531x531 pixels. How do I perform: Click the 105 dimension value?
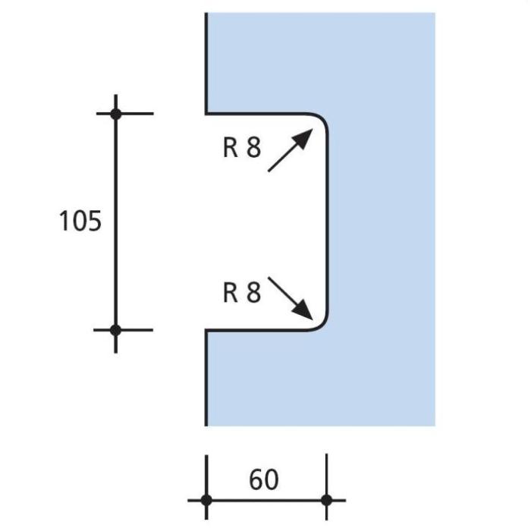(x=80, y=221)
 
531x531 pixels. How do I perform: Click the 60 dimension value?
(x=264, y=479)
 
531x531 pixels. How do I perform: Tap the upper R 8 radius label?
(x=242, y=148)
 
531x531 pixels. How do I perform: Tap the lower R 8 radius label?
(x=242, y=292)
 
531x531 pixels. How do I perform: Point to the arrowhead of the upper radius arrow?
(x=303, y=138)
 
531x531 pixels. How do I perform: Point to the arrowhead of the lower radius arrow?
(x=303, y=309)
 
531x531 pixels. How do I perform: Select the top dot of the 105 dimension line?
(x=116, y=114)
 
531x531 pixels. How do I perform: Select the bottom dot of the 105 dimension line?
(x=116, y=330)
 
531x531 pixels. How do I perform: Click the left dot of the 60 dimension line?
(x=206, y=500)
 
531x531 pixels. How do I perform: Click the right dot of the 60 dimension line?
(x=326, y=500)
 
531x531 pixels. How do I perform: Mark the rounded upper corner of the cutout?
(x=322, y=119)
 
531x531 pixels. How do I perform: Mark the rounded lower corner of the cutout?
(x=322, y=325)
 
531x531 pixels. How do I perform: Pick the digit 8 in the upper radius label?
(x=254, y=148)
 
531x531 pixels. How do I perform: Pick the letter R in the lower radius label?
(x=231, y=292)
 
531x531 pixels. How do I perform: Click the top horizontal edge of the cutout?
(x=256, y=114)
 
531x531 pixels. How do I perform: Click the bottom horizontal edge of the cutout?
(x=256, y=330)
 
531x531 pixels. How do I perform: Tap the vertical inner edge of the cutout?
(x=328, y=222)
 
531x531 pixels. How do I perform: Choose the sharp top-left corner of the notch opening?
(x=206, y=114)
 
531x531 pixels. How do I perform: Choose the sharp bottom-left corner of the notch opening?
(x=206, y=330)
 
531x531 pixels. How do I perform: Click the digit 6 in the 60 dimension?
(x=256, y=479)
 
